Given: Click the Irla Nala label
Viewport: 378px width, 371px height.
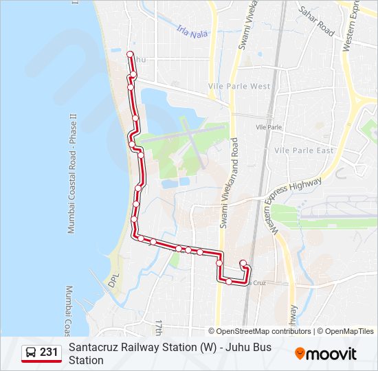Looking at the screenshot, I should click(192, 31).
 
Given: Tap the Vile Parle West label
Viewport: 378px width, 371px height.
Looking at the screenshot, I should click(239, 87).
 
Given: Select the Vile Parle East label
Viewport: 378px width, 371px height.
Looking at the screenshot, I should click(304, 150).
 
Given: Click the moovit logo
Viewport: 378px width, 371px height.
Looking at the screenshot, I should click(326, 354).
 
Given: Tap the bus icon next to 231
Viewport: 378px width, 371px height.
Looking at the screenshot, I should click(31, 353).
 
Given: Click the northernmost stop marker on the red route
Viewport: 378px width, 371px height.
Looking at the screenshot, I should click(130, 54).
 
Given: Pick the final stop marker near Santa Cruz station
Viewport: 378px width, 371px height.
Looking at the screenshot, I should click(243, 263).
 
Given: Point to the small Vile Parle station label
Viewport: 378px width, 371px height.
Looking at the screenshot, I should click(269, 128).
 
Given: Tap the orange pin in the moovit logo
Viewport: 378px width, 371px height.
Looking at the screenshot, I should click(300, 353).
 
